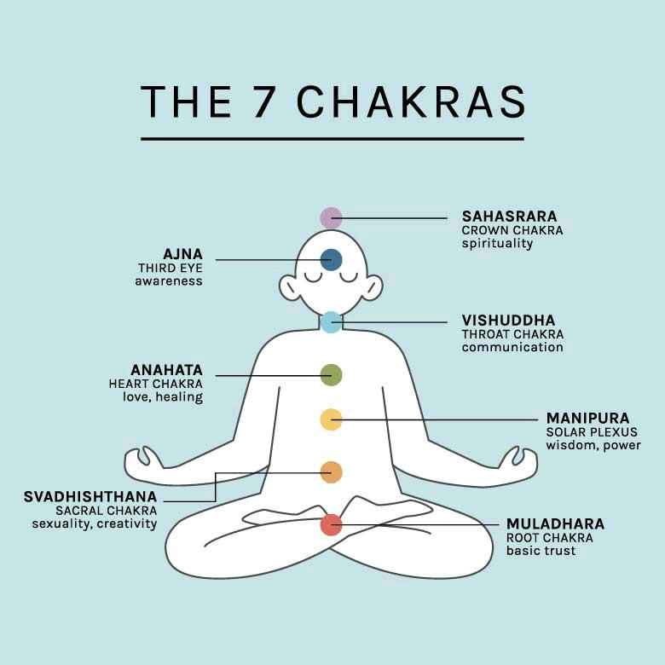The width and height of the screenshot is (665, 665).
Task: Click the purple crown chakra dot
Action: pyautogui.click(x=331, y=218)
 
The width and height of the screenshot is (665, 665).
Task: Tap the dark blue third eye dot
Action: pyautogui.click(x=331, y=260)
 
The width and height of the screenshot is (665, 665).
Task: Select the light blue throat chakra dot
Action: pyautogui.click(x=331, y=322)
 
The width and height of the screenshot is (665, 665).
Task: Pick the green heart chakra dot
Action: pyautogui.click(x=331, y=374)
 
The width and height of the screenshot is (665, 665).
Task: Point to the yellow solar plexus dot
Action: pyautogui.click(x=331, y=419)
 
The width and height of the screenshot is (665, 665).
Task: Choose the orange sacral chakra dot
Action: pyautogui.click(x=331, y=472)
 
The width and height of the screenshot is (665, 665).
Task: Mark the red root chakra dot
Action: pyautogui.click(x=331, y=524)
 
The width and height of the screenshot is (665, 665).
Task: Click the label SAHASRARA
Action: pyautogui.click(x=509, y=217)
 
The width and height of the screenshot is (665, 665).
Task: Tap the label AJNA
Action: pyautogui.click(x=182, y=254)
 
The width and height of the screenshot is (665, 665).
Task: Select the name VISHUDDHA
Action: pyautogui.click(x=508, y=321)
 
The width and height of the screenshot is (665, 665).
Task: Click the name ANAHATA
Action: pyautogui.click(x=166, y=370)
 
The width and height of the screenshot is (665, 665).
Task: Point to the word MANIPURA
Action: pyautogui.click(x=587, y=419)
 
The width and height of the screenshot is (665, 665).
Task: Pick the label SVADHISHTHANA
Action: pyautogui.click(x=90, y=496)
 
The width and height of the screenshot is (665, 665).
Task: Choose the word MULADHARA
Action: pyautogui.click(x=555, y=523)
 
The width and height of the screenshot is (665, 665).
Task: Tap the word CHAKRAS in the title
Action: pyautogui.click(x=411, y=101)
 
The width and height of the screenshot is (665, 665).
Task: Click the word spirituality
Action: pyautogui.click(x=497, y=244)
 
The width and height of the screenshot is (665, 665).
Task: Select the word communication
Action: pyautogui.click(x=512, y=348)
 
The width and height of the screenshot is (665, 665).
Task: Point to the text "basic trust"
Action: pyautogui.click(x=541, y=551)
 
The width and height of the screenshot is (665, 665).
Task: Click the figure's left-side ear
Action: pyautogui.click(x=290, y=287)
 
